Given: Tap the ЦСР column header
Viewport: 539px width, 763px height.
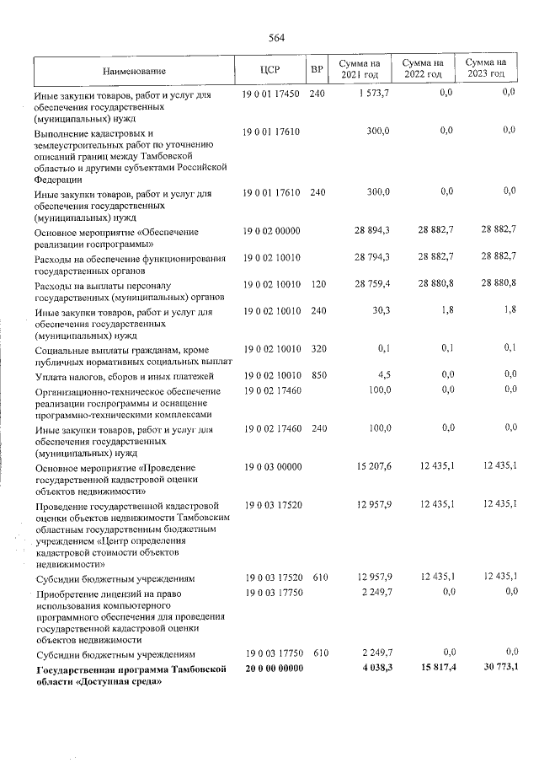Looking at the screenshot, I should [x=270, y=71].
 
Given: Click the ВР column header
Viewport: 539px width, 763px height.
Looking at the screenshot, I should [x=317, y=71].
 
